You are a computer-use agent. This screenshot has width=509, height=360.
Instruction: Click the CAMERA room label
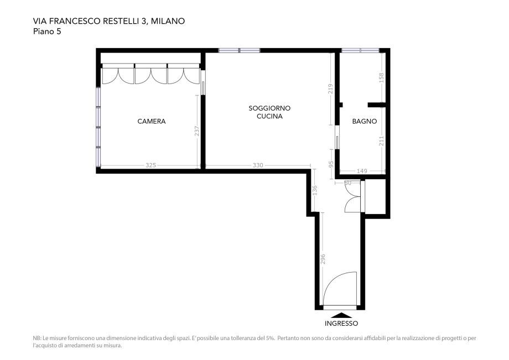tap(152, 121)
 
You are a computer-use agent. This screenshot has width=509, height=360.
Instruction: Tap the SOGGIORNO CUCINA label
tap(269, 112)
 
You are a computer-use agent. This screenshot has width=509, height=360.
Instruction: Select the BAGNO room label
tap(365, 121)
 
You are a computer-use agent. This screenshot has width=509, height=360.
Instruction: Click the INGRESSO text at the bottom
tap(341, 324)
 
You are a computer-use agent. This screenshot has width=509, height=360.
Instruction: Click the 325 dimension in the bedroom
tap(150, 165)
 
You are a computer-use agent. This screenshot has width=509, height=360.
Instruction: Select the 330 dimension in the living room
tap(258, 165)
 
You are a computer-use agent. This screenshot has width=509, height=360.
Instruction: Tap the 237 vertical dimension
tap(197, 132)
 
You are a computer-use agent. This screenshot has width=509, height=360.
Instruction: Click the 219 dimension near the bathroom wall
tap(330, 89)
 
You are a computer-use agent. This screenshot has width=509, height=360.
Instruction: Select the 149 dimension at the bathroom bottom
tap(362, 171)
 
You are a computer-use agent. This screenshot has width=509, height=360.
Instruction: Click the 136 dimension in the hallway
tap(314, 191)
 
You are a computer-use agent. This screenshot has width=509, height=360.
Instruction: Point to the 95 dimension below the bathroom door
tap(331, 165)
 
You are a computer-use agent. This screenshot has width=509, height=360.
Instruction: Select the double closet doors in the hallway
tap(352, 196)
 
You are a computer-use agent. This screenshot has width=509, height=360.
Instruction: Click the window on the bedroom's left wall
tap(98, 127)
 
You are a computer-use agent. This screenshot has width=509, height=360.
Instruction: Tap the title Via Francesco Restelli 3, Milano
tap(109, 22)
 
